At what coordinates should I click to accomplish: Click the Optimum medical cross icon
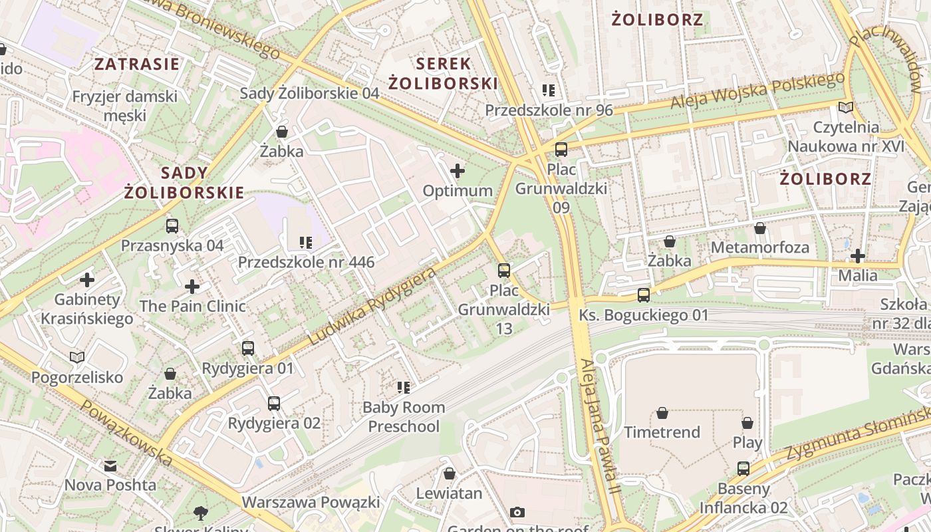click(458, 171)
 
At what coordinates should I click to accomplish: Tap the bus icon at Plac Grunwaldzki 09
click(561, 150)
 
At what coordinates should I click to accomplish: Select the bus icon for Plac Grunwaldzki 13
click(504, 270)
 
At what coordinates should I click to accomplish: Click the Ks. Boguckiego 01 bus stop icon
click(643, 295)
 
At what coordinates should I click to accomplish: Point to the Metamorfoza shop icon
click(760, 228)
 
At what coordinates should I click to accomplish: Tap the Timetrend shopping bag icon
click(662, 413)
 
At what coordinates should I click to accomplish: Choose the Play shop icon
click(747, 423)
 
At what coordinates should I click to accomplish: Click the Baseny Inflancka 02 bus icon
click(743, 469)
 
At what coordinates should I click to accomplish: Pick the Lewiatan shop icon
click(449, 473)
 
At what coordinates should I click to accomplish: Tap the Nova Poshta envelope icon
click(110, 465)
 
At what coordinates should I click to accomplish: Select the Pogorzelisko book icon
click(77, 358)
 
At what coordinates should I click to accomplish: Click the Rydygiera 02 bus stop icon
click(273, 403)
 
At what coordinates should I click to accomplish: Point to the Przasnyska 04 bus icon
click(172, 226)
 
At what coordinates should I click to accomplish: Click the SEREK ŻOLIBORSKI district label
click(443, 73)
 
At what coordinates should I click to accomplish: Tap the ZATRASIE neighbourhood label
click(137, 64)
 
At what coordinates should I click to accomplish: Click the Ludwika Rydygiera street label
click(372, 306)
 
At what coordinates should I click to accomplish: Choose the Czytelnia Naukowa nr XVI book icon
click(846, 107)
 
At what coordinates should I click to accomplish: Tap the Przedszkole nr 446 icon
click(306, 242)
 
